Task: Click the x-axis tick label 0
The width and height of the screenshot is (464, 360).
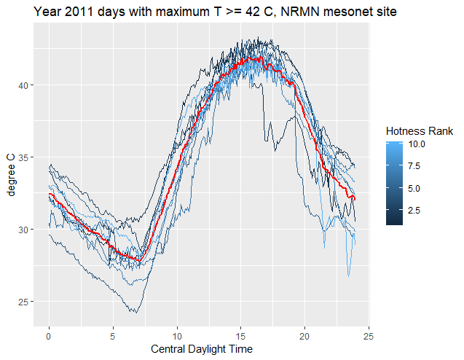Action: (x=49, y=336)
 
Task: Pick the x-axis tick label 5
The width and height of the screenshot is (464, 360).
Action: (x=113, y=336)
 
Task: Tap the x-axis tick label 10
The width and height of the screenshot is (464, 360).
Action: (x=177, y=336)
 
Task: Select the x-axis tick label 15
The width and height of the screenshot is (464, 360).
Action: (x=241, y=336)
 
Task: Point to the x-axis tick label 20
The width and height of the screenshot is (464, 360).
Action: (x=304, y=336)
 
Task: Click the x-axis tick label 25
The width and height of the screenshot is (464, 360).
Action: (x=369, y=336)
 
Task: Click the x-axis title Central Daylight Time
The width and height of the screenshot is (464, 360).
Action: (x=202, y=349)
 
